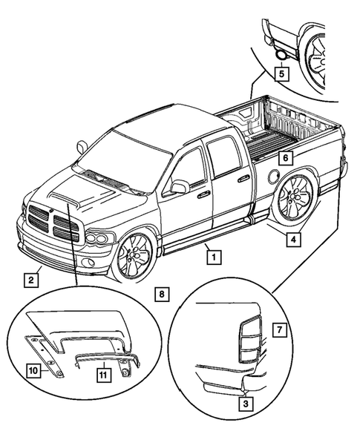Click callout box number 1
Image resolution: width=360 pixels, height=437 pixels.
[x=213, y=257]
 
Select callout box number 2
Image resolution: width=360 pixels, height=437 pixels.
[x=30, y=280]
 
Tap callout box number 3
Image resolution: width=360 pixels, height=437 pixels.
[x=243, y=404]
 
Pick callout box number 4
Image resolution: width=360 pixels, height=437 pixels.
[x=294, y=240]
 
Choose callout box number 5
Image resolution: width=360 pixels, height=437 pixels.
[x=280, y=73]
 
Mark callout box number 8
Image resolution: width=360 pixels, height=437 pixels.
[x=163, y=294]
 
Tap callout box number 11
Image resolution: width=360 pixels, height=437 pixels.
[x=105, y=375]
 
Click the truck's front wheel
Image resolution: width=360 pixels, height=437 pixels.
[x=134, y=257]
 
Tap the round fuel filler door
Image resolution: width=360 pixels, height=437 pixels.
[x=274, y=177]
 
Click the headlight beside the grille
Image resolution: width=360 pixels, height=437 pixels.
[x=99, y=239]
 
